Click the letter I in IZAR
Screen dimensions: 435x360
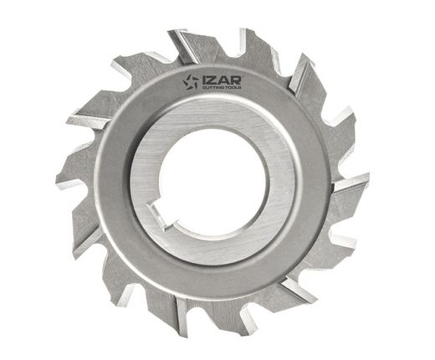click(204, 80)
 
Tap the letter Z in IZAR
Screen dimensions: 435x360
click(212, 80)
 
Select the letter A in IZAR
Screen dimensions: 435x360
click(223, 80)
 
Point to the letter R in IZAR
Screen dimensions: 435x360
click(235, 80)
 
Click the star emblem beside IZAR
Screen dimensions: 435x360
click(191, 82)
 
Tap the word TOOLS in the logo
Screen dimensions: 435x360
click(233, 88)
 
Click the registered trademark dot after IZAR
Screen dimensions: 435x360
click(243, 76)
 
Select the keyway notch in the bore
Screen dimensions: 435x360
click(160, 216)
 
